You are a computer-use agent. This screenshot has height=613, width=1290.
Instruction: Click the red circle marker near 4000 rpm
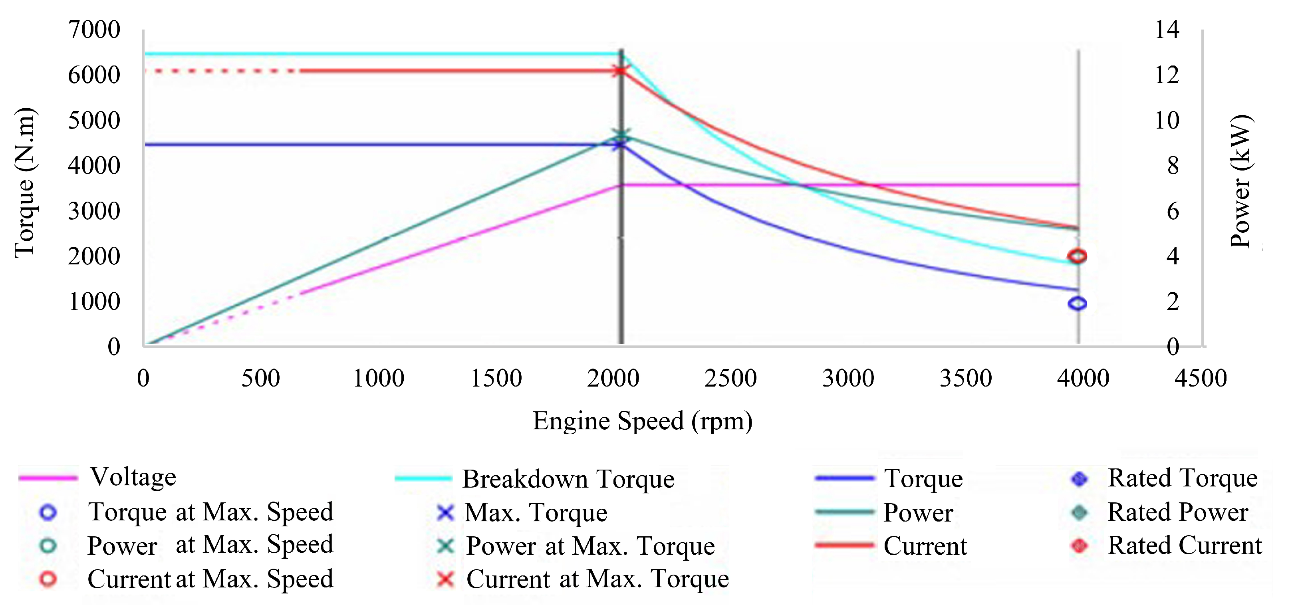tap(1077, 256)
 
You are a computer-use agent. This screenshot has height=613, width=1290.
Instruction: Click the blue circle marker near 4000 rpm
tap(1077, 303)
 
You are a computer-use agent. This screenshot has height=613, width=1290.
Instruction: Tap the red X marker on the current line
tap(620, 71)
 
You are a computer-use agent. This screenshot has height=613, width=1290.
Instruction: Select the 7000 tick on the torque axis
tap(94, 30)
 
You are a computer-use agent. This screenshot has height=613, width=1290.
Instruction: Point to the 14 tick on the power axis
tap(1167, 30)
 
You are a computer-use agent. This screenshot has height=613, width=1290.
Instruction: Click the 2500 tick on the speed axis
tap(730, 378)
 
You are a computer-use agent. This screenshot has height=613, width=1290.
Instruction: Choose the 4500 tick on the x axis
tap(1201, 378)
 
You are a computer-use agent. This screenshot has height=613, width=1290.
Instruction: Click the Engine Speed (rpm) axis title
tap(643, 421)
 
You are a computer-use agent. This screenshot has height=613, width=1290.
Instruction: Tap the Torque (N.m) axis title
tap(24, 183)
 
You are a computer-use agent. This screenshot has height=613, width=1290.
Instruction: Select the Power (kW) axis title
tap(1241, 181)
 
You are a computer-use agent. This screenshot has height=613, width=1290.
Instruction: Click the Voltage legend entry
tap(133, 477)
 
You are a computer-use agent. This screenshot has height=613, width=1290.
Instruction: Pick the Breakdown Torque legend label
tap(568, 479)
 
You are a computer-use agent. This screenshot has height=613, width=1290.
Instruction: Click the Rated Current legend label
tap(1184, 546)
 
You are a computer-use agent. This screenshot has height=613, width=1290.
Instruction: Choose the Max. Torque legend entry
tap(536, 513)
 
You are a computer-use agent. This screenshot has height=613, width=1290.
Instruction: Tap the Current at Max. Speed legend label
tap(210, 579)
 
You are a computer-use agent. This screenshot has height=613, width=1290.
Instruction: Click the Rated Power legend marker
tap(1080, 512)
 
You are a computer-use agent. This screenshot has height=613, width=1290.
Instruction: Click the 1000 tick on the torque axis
tap(94, 302)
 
